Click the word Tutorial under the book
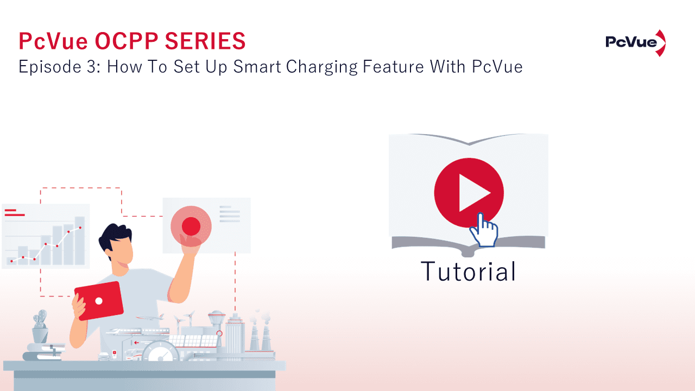tap(468, 272)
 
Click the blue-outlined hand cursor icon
tap(483, 231)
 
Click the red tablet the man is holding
tap(99, 300)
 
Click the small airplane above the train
tap(150, 317)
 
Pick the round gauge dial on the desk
tap(161, 352)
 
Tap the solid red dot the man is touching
tap(191, 225)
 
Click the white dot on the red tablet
tap(99, 300)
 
